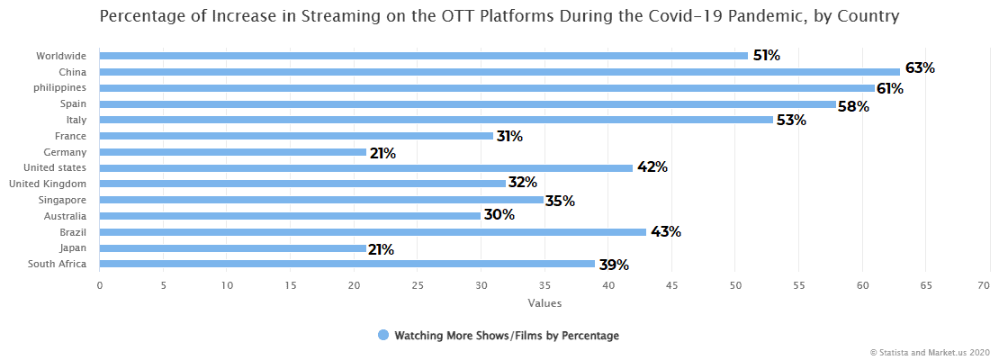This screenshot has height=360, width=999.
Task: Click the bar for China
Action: (499, 72)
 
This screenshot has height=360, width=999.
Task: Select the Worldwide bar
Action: (423, 56)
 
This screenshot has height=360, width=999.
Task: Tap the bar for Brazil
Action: (373, 232)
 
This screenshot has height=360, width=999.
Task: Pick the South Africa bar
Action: (346, 264)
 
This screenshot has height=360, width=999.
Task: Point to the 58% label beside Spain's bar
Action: (854, 106)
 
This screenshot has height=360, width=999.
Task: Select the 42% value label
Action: (652, 167)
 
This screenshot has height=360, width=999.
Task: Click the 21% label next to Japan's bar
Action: (381, 249)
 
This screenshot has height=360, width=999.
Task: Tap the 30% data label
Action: (499, 215)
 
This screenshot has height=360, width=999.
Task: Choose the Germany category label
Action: (65, 152)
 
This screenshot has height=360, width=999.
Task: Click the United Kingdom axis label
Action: (47, 184)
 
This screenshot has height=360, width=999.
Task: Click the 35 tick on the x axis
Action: (544, 285)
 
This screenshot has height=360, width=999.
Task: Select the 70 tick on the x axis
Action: (989, 285)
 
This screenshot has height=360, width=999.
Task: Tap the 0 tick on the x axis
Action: (99, 285)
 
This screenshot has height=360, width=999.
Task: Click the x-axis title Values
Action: (544, 303)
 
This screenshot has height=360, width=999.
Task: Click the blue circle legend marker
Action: (383, 336)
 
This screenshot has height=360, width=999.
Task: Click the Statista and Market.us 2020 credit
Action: (930, 352)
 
